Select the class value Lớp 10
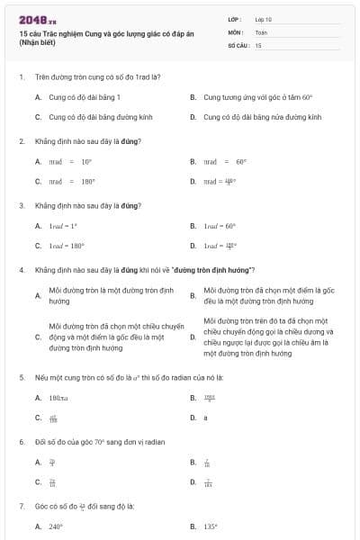click(263, 18)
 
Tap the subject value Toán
click(261, 31)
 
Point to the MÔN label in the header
click(235, 31)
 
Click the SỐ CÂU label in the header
click(238, 44)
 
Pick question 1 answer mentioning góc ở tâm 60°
click(257, 96)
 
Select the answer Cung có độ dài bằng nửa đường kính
click(262, 117)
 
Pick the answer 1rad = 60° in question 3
click(219, 225)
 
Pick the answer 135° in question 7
click(212, 526)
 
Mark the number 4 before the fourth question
click(21, 270)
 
